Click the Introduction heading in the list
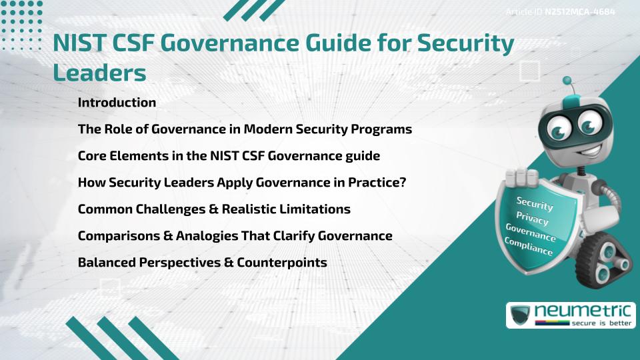[x=117, y=103]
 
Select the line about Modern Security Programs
[x=245, y=129]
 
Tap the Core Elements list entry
[x=229, y=156]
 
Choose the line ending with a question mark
[x=242, y=183]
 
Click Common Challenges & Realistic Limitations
[x=214, y=209]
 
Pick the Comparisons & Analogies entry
[x=235, y=236]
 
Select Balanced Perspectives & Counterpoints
[x=202, y=263]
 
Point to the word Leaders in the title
[x=99, y=73]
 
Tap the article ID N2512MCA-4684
[x=579, y=12]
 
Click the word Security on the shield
[x=535, y=203]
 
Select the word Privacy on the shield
[x=534, y=218]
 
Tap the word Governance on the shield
[x=531, y=233]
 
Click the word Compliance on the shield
[x=529, y=247]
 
